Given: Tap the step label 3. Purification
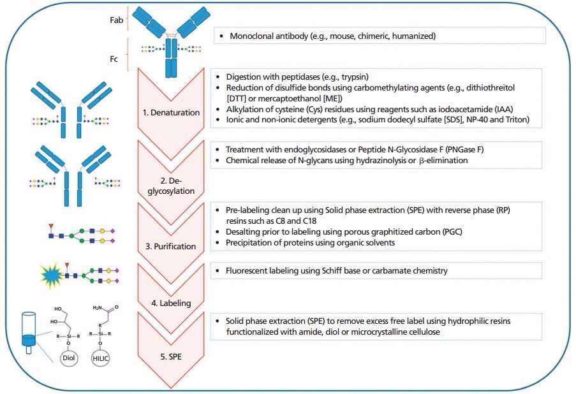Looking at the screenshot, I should pyautogui.click(x=170, y=245).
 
